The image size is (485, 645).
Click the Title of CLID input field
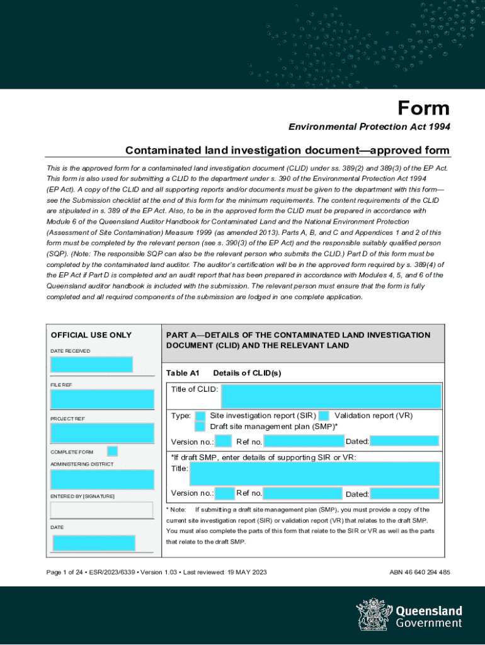pyautogui.click(x=331, y=397)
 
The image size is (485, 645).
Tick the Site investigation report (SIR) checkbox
pyautogui.click(x=200, y=416)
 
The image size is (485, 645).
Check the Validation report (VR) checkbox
pyautogui.click(x=324, y=416)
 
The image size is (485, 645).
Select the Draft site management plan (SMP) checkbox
pyautogui.click(x=200, y=426)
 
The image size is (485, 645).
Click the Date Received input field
pyautogui.click(x=91, y=364)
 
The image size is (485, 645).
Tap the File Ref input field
pyautogui.click(x=102, y=399)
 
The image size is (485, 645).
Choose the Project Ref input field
pyautogui.click(x=102, y=433)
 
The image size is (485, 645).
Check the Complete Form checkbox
pyautogui.click(x=112, y=451)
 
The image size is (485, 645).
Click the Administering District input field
pyautogui.click(x=102, y=479)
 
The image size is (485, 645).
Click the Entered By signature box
pyautogui.click(x=102, y=509)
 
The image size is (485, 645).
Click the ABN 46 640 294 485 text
pyautogui.click(x=420, y=572)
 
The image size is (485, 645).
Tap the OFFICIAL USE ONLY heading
pyautogui.click(x=91, y=335)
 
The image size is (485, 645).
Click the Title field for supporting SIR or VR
pyautogui.click(x=331, y=474)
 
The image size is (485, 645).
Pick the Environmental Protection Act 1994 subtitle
pyautogui.click(x=369, y=127)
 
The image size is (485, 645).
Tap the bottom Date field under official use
pyautogui.click(x=93, y=542)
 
